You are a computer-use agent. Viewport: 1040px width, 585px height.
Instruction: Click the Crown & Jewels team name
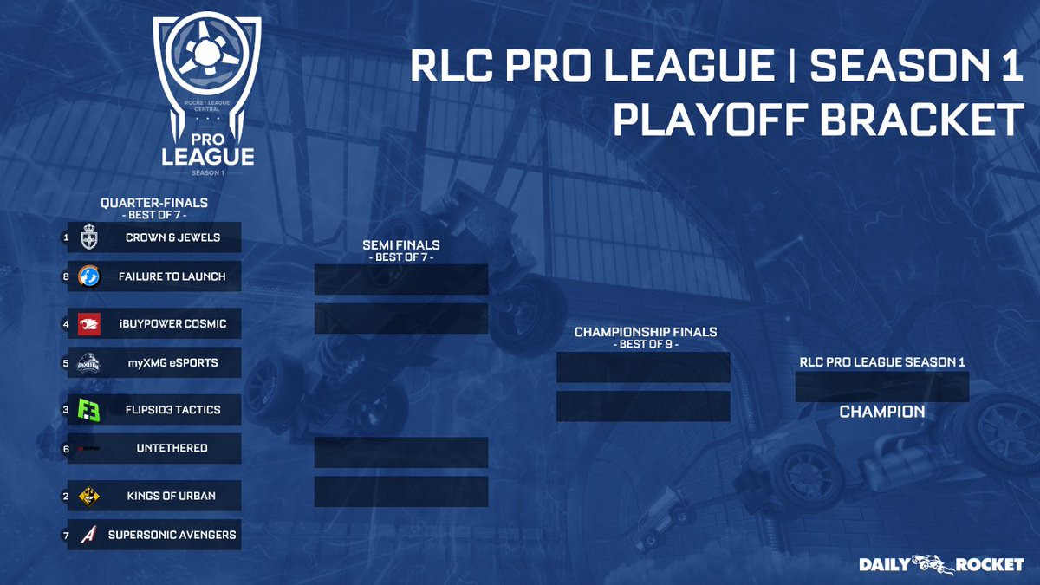[x=172, y=237]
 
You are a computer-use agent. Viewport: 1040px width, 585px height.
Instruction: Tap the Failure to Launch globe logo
[x=88, y=276]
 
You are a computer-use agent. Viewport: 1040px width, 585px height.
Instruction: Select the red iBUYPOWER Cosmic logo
[x=89, y=324]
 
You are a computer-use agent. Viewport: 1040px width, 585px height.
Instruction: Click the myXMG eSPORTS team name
[x=172, y=362]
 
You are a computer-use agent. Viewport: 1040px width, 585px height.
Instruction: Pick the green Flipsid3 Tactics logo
[x=88, y=410]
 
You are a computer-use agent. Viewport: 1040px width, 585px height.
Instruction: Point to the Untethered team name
[x=172, y=448]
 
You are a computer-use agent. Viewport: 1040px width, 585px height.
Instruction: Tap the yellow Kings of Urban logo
[x=88, y=497]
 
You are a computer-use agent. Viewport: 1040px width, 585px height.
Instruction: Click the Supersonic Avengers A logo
[x=88, y=535]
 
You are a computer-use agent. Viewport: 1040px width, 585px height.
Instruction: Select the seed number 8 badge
[x=66, y=276]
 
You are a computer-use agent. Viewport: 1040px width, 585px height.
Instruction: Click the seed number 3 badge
[x=66, y=409]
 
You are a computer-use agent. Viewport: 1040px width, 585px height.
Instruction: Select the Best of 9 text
[x=646, y=345]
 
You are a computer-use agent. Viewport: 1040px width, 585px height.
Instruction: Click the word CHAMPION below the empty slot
[x=882, y=412]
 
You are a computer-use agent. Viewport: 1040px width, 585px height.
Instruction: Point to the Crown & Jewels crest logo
[x=88, y=237]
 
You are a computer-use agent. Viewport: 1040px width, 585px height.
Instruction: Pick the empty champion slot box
[x=882, y=387]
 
